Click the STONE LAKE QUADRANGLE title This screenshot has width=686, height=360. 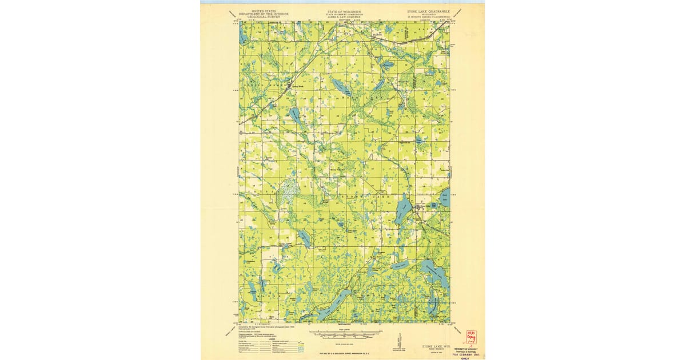[427, 11]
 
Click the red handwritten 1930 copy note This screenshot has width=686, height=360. [471, 337]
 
